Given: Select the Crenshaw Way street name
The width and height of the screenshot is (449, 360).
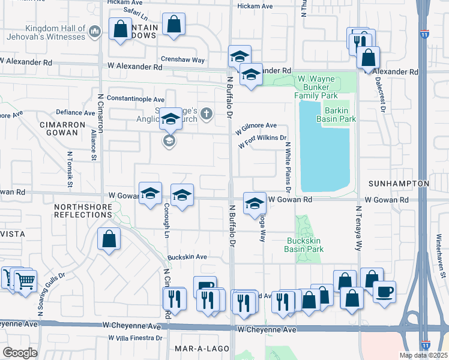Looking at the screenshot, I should (x=183, y=60).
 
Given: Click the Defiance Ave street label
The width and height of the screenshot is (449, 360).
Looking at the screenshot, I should (x=75, y=112).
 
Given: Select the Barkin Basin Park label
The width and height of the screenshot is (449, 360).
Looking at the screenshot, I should (x=340, y=115).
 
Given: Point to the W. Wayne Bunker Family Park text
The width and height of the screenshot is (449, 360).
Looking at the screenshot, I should (x=316, y=87).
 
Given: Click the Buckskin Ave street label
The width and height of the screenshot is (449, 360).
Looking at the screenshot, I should (x=187, y=257).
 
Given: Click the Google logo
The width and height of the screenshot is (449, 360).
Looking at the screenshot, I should (x=20, y=352).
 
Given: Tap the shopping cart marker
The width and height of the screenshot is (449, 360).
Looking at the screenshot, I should (x=24, y=280).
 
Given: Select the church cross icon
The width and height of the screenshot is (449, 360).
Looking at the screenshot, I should (x=206, y=113).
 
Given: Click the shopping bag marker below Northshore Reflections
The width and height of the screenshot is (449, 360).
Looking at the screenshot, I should (x=109, y=239).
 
